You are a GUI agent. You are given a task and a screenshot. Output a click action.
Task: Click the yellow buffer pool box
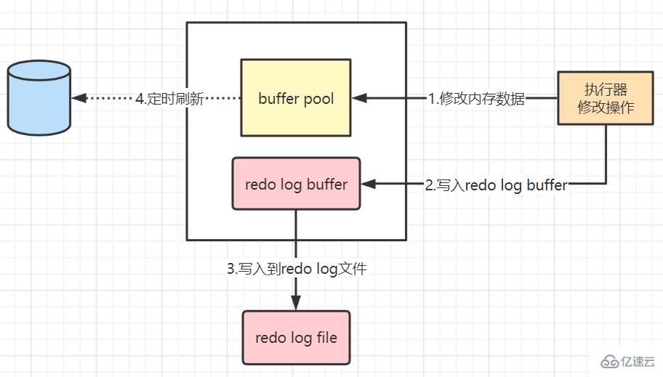pos(296,97)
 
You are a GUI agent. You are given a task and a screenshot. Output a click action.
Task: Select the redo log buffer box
pos(296,184)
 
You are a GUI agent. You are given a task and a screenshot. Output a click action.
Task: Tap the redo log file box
pos(296,338)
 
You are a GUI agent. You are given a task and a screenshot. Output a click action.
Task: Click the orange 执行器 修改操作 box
pos(606,99)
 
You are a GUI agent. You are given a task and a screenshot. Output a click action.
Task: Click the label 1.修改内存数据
pos(475,99)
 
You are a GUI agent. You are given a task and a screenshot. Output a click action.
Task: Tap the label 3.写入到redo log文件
pos(297,269)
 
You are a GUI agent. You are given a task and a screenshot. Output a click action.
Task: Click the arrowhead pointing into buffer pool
pos(358,98)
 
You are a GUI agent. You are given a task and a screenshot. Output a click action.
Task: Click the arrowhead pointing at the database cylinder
pos(78,98)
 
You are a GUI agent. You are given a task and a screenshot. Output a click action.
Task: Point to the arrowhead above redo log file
pos(296,304)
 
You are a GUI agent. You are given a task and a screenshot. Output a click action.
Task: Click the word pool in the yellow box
pos(317,98)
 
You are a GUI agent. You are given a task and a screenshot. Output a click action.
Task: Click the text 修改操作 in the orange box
pos(606,108)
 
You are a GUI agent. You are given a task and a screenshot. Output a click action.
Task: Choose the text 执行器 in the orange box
pos(606,90)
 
